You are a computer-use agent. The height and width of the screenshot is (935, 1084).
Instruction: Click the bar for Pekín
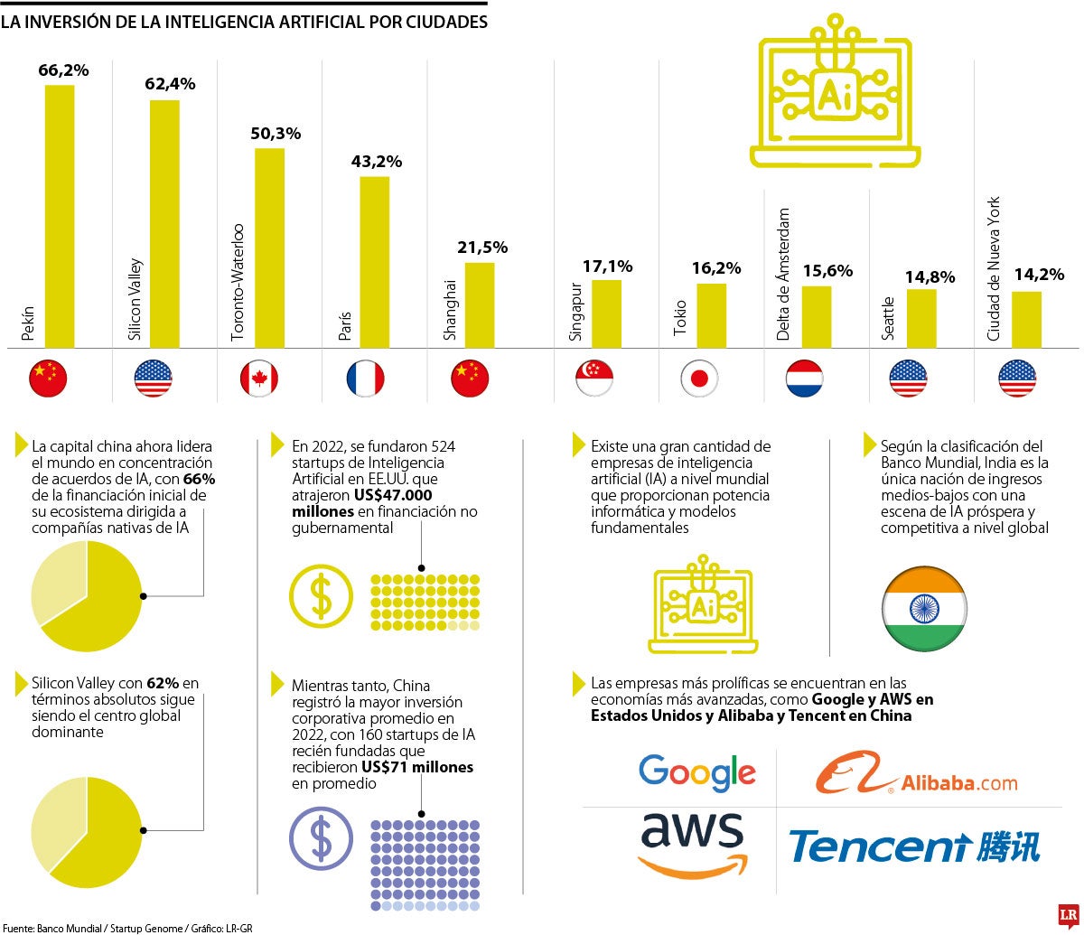click(x=60, y=217)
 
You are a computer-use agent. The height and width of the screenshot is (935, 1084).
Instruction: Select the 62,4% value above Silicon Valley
click(x=170, y=84)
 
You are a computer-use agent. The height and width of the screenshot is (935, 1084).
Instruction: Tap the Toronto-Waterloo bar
click(x=269, y=248)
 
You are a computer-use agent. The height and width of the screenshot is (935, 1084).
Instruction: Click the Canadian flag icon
click(x=258, y=378)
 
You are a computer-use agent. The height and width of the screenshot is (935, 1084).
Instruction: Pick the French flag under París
click(x=365, y=378)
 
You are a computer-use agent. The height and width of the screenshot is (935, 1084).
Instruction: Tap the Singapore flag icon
click(x=594, y=378)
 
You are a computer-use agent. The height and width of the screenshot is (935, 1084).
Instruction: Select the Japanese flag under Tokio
click(x=699, y=378)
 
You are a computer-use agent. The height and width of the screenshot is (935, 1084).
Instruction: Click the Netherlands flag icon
click(x=804, y=378)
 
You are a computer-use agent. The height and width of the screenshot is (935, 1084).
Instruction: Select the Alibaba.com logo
click(x=916, y=773)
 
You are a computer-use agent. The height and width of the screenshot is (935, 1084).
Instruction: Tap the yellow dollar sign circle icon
click(x=321, y=596)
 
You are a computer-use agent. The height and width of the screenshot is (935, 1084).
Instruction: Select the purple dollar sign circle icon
click(x=321, y=838)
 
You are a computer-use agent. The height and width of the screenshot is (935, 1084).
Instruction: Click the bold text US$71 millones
click(x=417, y=767)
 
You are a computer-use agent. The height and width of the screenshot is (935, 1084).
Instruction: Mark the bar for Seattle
click(x=921, y=318)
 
